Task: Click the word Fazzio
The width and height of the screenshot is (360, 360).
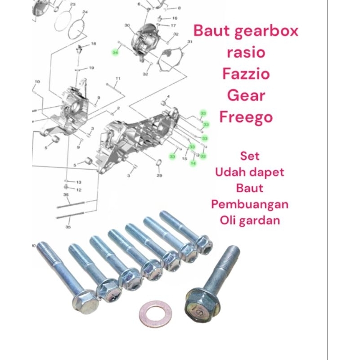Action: [x=246, y=73]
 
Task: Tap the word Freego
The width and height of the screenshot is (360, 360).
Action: [x=246, y=117]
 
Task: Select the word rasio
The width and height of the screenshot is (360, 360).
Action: [x=246, y=52]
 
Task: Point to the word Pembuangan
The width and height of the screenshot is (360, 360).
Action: [x=250, y=203]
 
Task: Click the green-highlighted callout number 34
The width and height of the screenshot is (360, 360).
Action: [x=116, y=53]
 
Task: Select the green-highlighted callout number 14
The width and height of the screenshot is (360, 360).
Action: [x=193, y=163]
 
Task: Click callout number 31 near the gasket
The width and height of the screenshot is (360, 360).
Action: [x=190, y=42]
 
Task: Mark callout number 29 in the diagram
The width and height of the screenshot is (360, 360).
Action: [x=159, y=175]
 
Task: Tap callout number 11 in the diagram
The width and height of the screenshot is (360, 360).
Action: [x=118, y=79]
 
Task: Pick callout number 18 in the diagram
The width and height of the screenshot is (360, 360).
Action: [x=94, y=44]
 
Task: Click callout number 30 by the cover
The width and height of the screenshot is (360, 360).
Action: [x=127, y=25]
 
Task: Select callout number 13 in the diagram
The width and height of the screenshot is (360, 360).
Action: [x=79, y=182]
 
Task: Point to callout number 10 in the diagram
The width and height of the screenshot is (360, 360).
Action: [x=37, y=81]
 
